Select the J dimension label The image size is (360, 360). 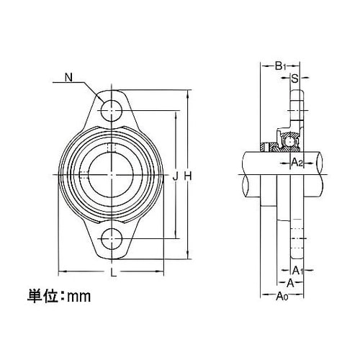coord(176,174)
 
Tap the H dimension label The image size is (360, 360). coord(189,174)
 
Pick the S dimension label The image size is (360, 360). coord(294,78)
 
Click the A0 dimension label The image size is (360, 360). coord(282,295)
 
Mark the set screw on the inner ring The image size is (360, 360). coord(110,149)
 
